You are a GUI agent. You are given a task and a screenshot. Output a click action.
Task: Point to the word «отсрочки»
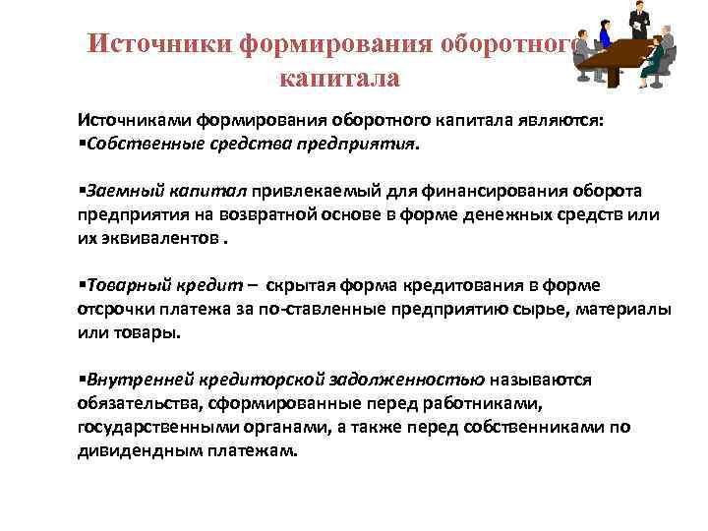click(111, 309)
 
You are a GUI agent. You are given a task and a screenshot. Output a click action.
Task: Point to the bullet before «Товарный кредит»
click(83, 286)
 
